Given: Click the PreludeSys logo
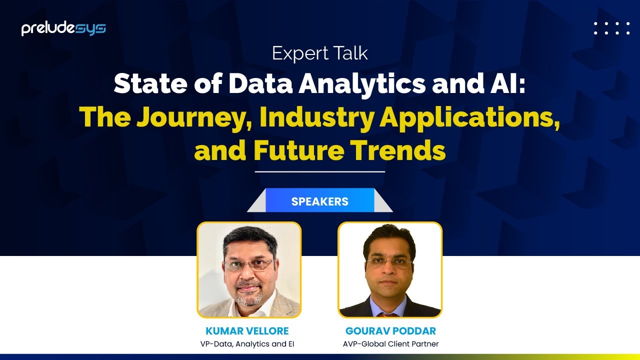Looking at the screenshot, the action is click(63, 28).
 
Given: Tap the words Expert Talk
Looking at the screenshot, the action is click(319, 53).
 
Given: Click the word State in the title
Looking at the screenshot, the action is click(150, 83).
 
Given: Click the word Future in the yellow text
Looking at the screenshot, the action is click(298, 150).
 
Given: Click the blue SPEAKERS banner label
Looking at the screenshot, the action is click(319, 201).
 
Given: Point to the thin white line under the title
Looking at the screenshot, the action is click(319, 171).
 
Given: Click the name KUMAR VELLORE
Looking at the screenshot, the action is click(247, 331).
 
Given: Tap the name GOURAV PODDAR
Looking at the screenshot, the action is click(390, 331).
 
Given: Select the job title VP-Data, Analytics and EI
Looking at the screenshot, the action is click(247, 344).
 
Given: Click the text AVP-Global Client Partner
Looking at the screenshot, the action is click(390, 344).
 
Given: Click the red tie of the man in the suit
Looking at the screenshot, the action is click(387, 315).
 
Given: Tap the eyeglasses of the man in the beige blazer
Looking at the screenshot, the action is click(249, 265).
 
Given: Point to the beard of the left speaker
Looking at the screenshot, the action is click(248, 297).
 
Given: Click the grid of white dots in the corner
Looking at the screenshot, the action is click(611, 28).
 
